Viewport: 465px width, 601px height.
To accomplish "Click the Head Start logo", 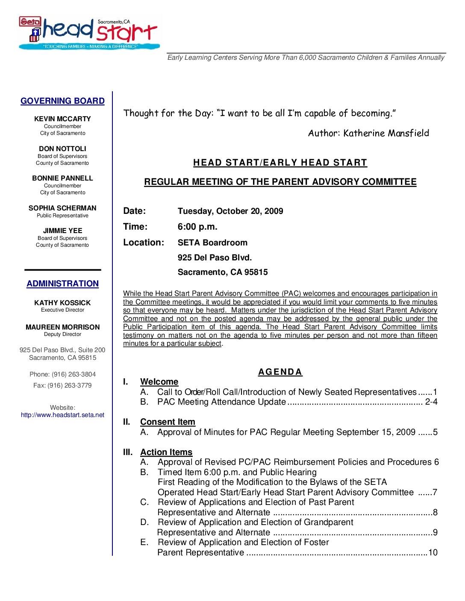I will (x=89, y=32).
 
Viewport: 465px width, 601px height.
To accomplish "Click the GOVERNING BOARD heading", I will (x=62, y=101).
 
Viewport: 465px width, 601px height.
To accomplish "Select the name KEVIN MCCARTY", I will (x=62, y=119).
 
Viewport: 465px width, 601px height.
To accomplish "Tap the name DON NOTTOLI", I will (x=62, y=149).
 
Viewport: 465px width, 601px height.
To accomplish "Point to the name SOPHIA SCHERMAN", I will (x=62, y=208).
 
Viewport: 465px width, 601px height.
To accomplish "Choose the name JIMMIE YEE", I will (x=62, y=231).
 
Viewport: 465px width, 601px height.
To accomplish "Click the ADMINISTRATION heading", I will (x=62, y=284).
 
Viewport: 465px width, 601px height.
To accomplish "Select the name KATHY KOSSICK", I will (x=62, y=303).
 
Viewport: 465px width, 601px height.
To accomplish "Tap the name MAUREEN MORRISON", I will (x=62, y=327).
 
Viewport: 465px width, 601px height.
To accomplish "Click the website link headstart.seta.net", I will (x=62, y=415).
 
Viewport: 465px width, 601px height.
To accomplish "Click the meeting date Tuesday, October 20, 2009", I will (x=230, y=211).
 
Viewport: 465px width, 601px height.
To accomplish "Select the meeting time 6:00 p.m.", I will (x=197, y=227).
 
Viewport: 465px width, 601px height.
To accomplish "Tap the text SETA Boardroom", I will (x=212, y=243).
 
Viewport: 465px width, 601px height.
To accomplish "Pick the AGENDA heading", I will (x=280, y=372).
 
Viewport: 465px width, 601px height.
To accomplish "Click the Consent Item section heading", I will (x=168, y=422).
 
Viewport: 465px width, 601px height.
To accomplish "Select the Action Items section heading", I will (x=166, y=452).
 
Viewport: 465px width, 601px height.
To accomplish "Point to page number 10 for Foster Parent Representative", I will (x=433, y=553).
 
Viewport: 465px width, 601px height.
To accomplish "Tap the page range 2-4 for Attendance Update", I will (x=431, y=402).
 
